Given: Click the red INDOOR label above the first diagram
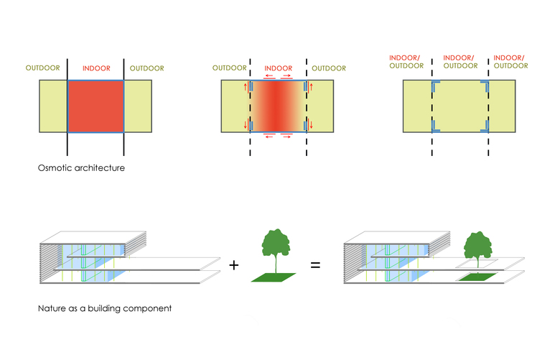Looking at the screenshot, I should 95,68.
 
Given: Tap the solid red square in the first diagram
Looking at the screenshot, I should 95,106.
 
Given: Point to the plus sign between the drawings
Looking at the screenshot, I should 233,265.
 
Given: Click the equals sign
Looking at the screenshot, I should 315,265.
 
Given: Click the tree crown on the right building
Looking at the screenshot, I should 475,244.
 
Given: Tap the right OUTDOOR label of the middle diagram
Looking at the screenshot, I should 328,68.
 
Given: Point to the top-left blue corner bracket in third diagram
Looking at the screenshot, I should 435,85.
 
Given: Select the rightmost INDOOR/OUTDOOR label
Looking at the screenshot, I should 509,62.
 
